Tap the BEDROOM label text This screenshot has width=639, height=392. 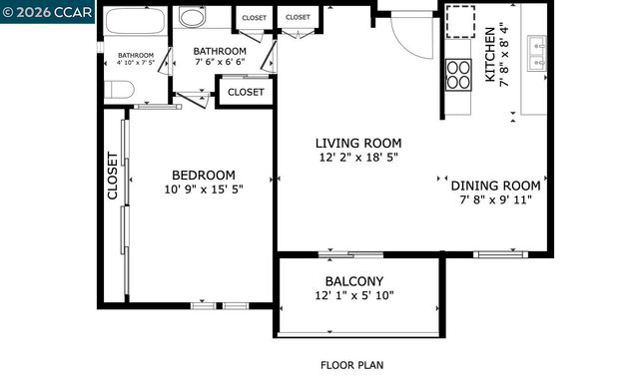coord(203,175)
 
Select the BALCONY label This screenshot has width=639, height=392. coord(353,281)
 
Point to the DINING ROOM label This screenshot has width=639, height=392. coord(495,186)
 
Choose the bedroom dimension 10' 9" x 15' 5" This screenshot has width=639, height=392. coord(204,189)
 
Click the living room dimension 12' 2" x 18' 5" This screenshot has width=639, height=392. coord(359,157)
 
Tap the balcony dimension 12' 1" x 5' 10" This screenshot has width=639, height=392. coord(353,295)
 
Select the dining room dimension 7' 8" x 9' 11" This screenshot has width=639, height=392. coord(495,199)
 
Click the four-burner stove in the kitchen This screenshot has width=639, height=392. coord(457,75)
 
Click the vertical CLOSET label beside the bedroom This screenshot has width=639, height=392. coord(112,175)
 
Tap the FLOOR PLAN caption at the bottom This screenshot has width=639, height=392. coord(351,365)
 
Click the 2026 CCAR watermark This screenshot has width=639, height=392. coord(47,11)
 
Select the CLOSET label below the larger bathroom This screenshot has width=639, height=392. coord(246,92)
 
